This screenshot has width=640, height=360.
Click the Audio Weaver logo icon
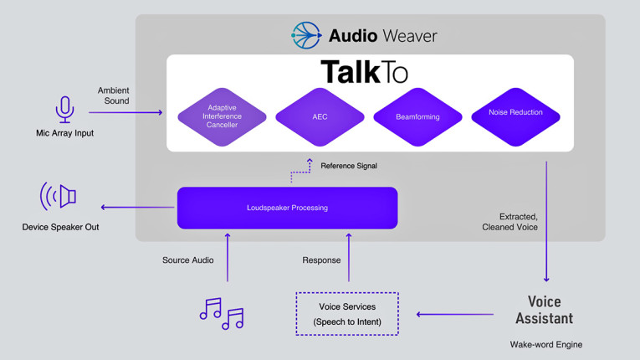306,35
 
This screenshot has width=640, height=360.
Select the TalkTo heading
364,72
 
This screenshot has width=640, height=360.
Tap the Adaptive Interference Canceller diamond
221,117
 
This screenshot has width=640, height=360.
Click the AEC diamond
320,117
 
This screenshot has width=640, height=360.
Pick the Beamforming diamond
417,117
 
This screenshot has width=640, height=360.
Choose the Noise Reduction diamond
515,114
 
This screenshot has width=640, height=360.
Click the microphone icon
64,110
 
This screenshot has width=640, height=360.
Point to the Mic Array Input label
64,133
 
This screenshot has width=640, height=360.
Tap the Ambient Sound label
114,95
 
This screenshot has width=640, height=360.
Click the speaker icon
59,197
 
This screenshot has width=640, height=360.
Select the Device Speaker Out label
60,227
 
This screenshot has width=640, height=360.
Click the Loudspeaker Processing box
287,208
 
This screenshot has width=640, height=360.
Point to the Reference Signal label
349,166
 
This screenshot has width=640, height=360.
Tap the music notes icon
222,313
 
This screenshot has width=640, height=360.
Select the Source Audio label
188,260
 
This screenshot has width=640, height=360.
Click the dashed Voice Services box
347,314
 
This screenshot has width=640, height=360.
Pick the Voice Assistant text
545,310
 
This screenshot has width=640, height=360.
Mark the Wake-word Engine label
546,344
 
